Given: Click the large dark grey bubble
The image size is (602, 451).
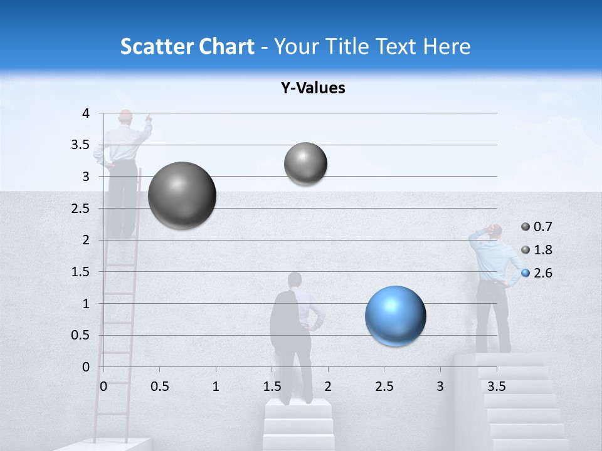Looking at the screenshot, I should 182,195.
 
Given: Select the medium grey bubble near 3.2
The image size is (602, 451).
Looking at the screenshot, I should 305,163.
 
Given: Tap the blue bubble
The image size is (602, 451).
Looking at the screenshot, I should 396,316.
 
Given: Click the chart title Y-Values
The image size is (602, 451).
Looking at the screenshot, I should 313,88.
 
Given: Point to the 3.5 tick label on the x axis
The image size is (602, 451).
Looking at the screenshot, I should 496,386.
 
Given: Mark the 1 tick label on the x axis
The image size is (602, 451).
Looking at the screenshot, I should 216,386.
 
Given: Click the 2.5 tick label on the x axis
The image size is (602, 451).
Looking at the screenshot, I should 384,386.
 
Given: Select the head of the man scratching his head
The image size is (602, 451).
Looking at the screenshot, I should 495,231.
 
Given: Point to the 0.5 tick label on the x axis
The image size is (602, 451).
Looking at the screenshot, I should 159,386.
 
